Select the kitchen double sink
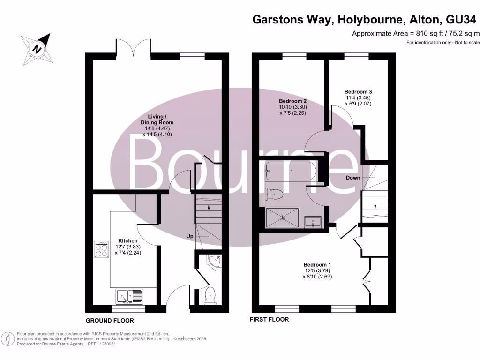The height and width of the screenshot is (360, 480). pyautogui.click(x=129, y=296)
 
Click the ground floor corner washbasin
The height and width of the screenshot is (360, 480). pyautogui.click(x=215, y=262)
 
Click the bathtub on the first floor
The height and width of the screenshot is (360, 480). pyautogui.click(x=291, y=171)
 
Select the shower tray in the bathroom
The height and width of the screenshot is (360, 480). pyautogui.click(x=282, y=217)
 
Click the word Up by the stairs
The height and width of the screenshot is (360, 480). pyautogui.click(x=190, y=236)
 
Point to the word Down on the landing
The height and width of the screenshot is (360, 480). pyautogui.click(x=353, y=178)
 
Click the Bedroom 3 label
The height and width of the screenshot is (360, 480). pyautogui.click(x=358, y=91)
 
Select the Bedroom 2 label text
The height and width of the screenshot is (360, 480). pyautogui.click(x=292, y=101)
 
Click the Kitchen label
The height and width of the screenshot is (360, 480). pyautogui.click(x=127, y=240)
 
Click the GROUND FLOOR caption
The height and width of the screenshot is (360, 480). pyautogui.click(x=110, y=321)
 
